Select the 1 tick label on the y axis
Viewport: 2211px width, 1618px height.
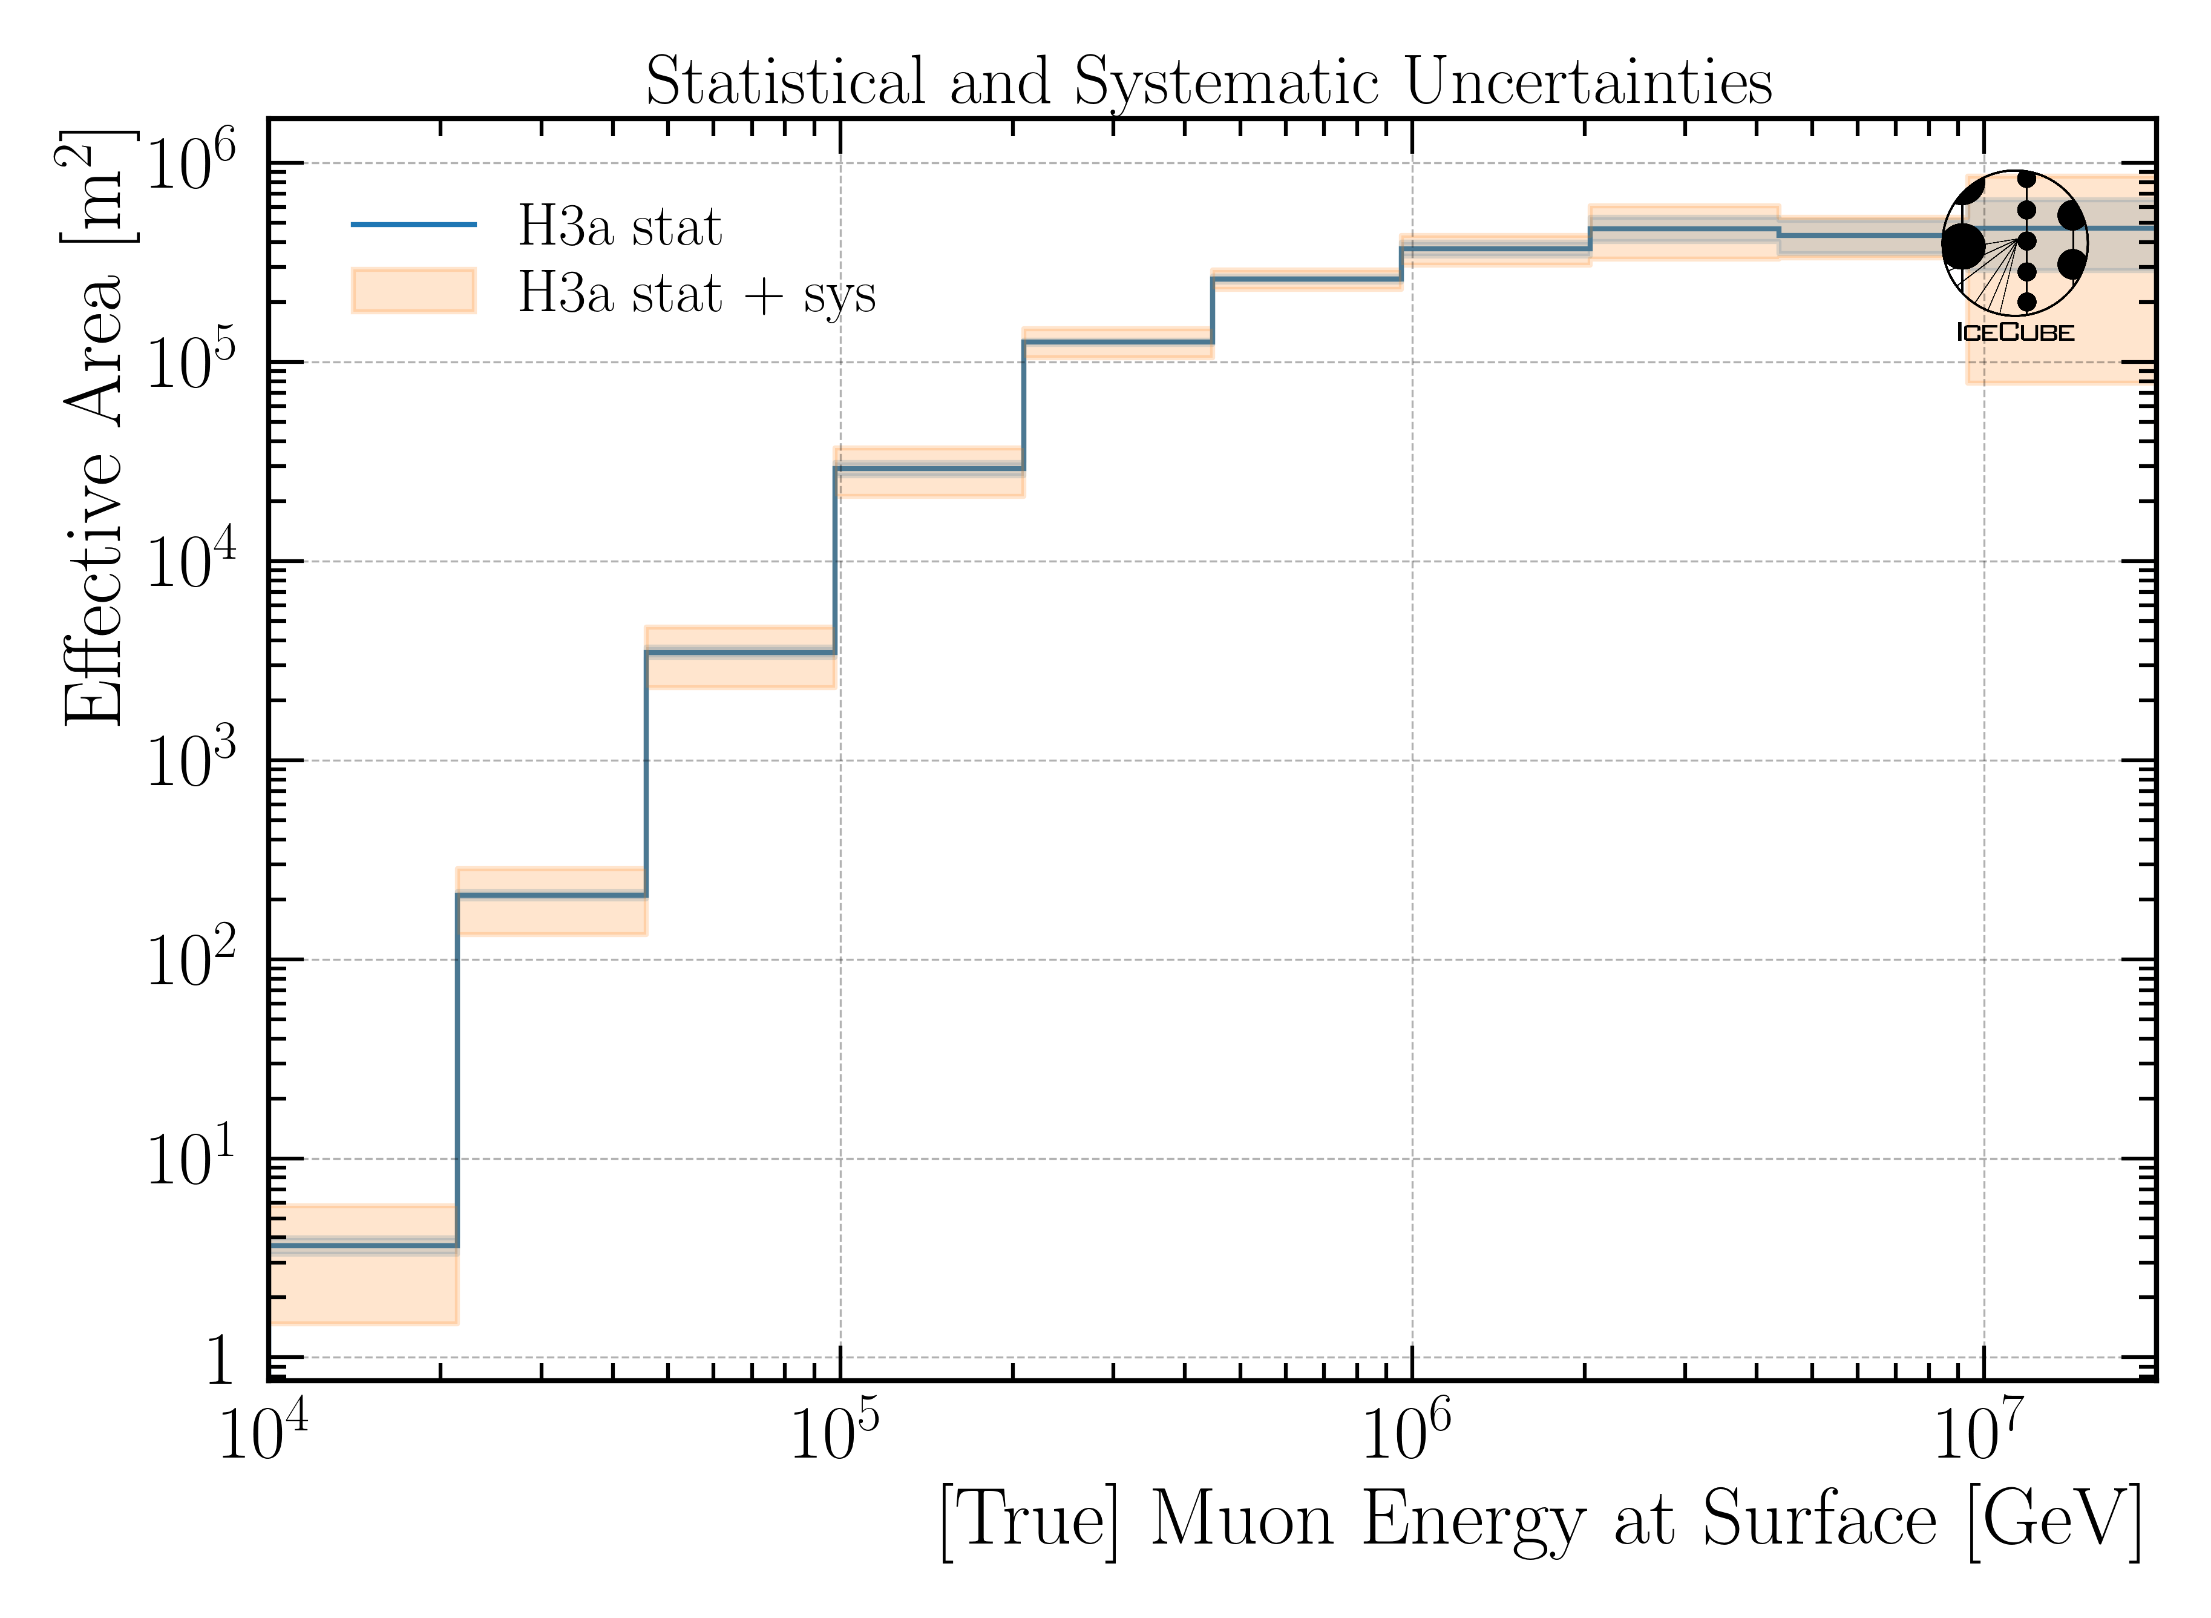click(x=217, y=1360)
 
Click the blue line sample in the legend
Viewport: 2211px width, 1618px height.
click(x=413, y=225)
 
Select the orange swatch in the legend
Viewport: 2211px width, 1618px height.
click(x=413, y=291)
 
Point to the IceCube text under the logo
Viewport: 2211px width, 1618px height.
click(x=2014, y=332)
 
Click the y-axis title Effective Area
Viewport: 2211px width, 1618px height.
click(x=93, y=499)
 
